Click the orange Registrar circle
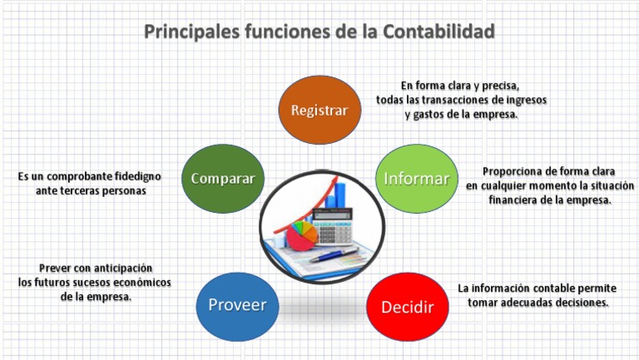(x=319, y=110)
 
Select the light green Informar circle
(x=416, y=179)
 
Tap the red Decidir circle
(x=407, y=307)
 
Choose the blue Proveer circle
(x=237, y=305)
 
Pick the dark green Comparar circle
(x=222, y=179)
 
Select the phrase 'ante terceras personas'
(x=91, y=190)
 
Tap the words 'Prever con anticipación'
(x=96, y=268)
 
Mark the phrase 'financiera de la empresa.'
(x=550, y=200)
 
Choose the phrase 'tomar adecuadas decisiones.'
(x=537, y=303)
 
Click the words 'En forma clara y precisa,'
(x=459, y=86)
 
